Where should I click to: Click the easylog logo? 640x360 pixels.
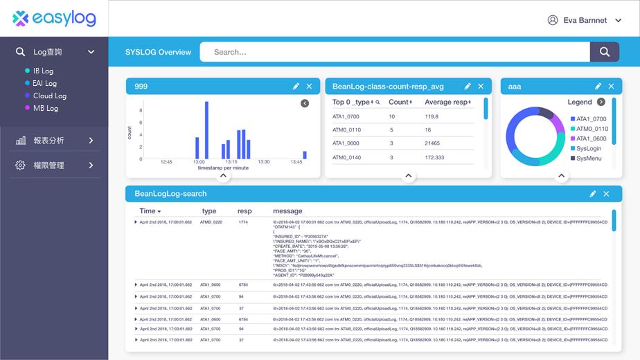pos(54,19)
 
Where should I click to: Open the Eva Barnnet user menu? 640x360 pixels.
pos(585,20)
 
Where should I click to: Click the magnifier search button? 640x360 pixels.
pos(604,52)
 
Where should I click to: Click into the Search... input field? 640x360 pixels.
pos(395,52)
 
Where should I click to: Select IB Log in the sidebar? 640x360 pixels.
pos(43,71)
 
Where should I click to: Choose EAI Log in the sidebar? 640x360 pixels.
pos(45,83)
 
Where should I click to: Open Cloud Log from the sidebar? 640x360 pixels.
pos(49,96)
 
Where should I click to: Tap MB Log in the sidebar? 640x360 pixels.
pos(45,108)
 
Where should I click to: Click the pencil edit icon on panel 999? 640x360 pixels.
pos(296,87)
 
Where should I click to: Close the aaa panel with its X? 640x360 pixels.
pos(611,87)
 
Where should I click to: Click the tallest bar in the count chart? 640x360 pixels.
pos(206,130)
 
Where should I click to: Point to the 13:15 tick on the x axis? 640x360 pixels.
pos(231,162)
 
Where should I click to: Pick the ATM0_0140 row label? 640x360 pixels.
pos(346,158)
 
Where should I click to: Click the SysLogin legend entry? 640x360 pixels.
pos(589,148)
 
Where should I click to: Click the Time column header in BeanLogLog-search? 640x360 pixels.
pos(150,211)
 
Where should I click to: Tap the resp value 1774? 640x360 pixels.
pos(243,222)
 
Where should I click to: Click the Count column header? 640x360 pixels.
pos(400,102)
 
